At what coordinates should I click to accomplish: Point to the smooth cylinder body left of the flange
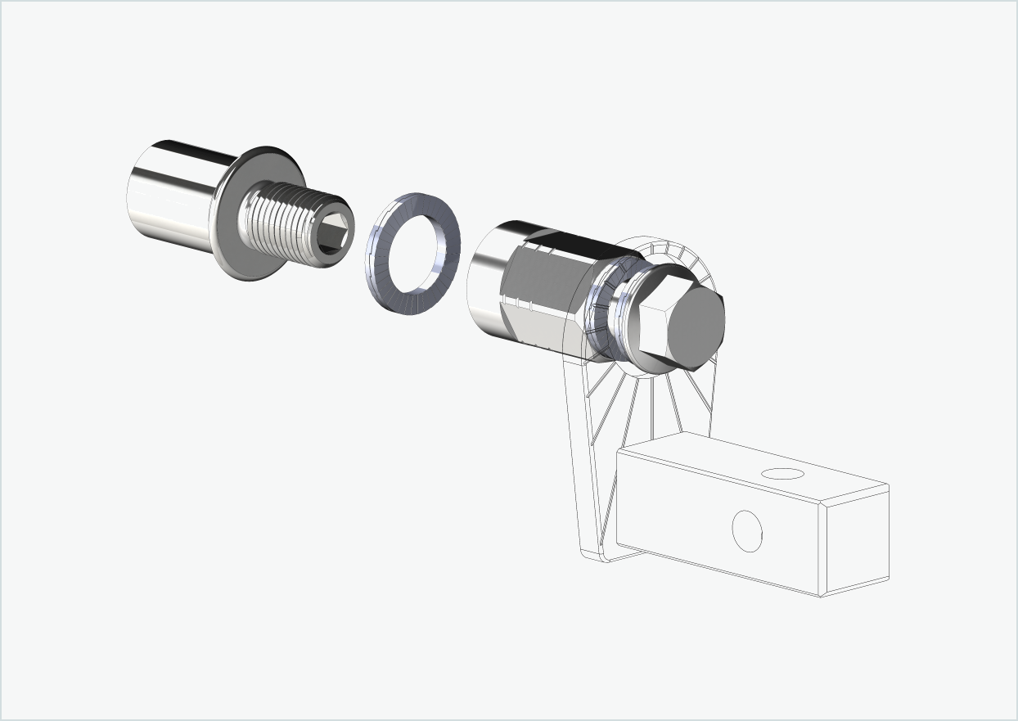172,196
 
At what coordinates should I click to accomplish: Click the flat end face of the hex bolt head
696,327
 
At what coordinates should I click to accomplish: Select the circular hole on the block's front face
746,530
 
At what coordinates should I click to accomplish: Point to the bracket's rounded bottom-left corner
591,555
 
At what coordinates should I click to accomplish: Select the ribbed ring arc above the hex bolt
671,250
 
